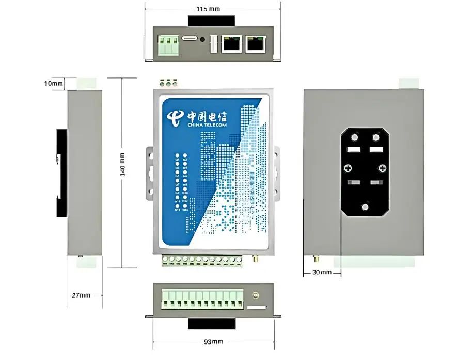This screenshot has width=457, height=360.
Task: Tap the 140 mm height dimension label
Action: point(122,164)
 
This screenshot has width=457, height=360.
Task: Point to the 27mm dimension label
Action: point(81,295)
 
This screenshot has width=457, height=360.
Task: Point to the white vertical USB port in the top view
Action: point(212,45)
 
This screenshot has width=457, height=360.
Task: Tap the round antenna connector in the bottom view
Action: point(255,296)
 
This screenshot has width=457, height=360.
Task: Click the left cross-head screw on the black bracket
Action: point(349,168)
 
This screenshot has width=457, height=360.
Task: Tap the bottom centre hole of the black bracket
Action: point(366,207)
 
